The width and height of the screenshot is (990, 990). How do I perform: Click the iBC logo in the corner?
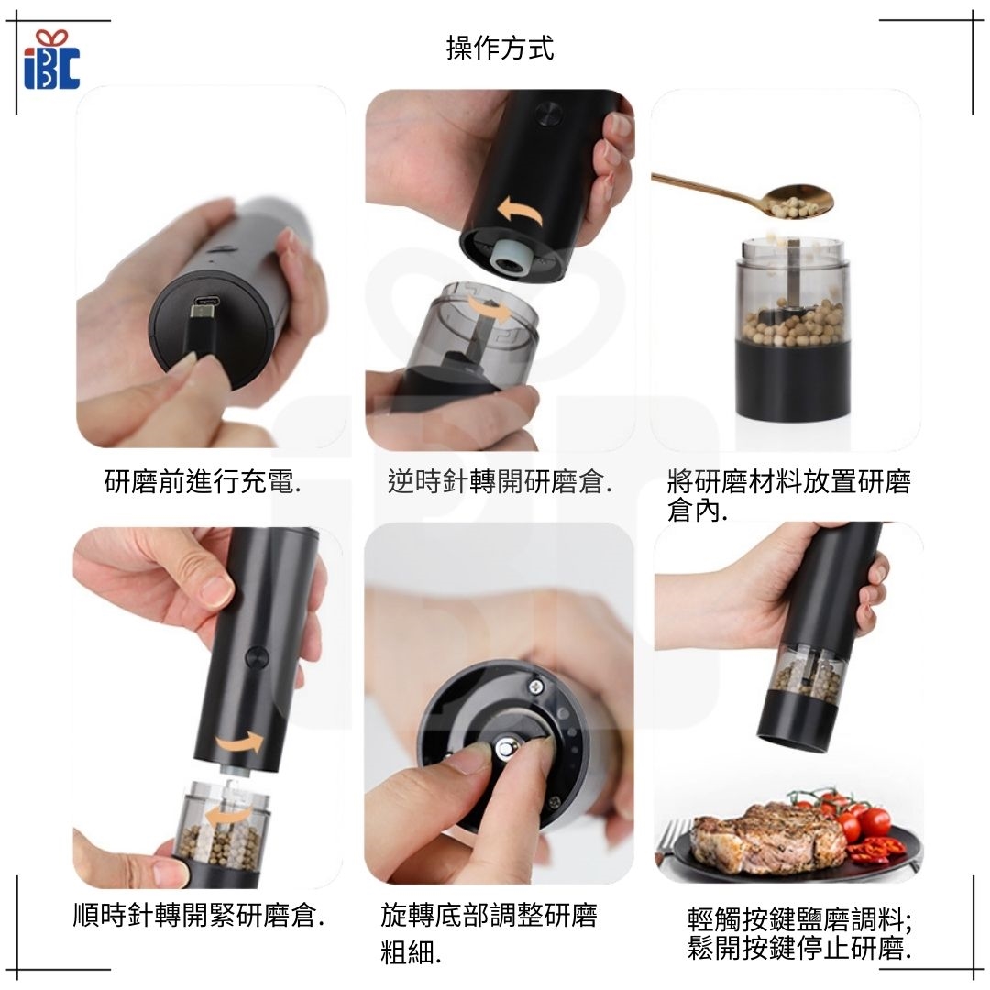[x=51, y=60]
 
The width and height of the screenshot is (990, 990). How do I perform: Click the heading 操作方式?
[x=500, y=49]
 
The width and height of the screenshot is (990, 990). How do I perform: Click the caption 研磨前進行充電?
[x=203, y=482]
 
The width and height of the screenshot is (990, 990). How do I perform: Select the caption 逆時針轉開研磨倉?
[x=500, y=482]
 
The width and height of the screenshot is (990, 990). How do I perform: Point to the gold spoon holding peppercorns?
[x=745, y=196]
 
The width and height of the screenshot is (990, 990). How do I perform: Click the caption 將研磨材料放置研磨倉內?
[x=788, y=496]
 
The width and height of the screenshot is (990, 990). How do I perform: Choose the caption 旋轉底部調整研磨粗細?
[x=489, y=934]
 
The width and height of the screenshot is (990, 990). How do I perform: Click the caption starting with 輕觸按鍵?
[x=799, y=934]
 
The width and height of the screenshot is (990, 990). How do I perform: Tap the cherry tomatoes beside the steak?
[x=849, y=818]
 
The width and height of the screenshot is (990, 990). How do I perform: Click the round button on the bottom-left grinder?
[x=257, y=656]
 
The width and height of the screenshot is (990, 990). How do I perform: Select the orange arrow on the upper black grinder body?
[x=519, y=212]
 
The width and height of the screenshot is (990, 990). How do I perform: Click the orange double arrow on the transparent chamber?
[x=489, y=312]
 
